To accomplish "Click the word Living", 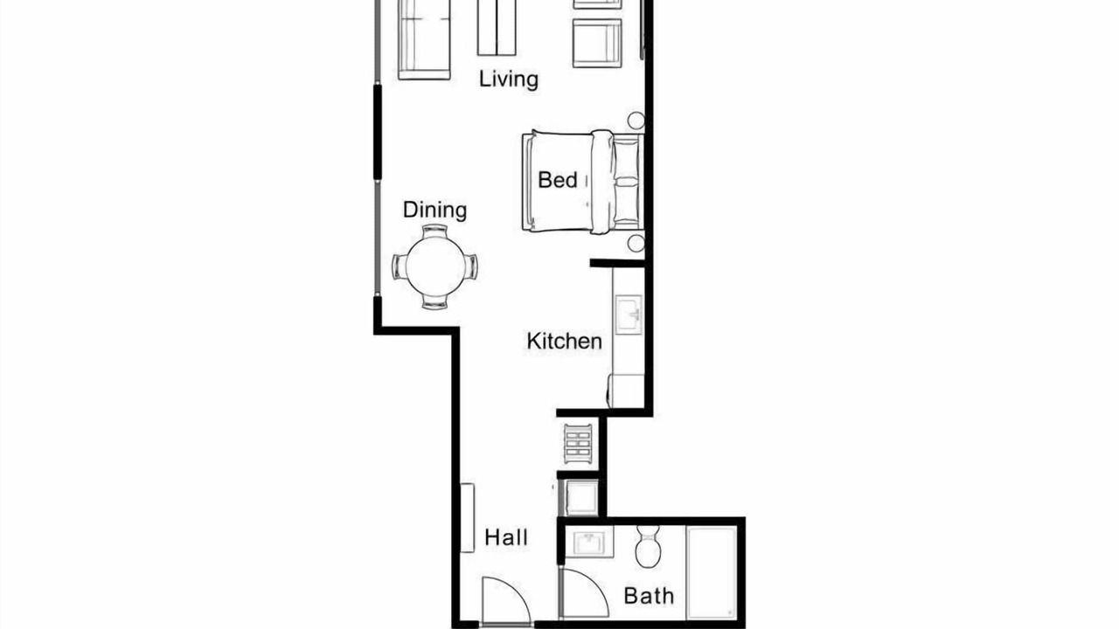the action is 509,79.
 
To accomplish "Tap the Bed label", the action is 558,180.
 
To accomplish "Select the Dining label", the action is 434,211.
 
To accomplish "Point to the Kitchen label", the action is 565,342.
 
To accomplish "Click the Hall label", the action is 506,537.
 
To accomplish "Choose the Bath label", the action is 649,596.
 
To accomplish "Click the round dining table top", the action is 435,266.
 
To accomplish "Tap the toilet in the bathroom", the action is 649,546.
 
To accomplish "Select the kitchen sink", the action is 629,314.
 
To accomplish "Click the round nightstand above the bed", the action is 636,121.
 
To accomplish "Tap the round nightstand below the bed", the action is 636,244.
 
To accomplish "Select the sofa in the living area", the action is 424,40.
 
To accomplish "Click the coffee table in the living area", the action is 497,27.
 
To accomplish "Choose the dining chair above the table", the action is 434,232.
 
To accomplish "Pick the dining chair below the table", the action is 434,301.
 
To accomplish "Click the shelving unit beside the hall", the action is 578,444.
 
